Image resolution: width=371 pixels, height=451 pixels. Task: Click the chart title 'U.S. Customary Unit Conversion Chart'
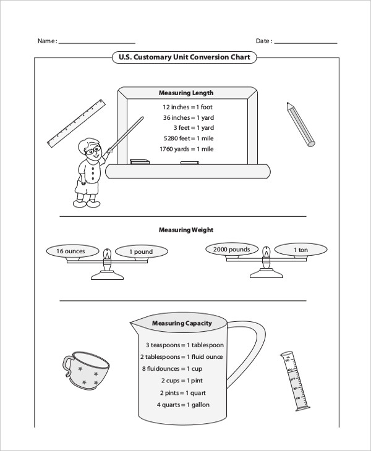point(184,57)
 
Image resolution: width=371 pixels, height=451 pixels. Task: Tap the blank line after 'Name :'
point(96,43)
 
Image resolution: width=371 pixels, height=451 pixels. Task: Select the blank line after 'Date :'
point(305,43)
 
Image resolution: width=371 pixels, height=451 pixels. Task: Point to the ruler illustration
point(78,122)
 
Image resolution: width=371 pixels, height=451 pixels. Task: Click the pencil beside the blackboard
point(301,124)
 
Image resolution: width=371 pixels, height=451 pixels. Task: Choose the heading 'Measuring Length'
point(186,93)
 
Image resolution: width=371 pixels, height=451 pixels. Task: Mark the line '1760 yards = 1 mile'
point(186,149)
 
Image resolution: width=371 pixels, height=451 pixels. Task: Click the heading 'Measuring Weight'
point(186,230)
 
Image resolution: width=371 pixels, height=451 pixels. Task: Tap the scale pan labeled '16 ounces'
point(70,251)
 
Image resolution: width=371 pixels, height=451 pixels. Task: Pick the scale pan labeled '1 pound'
point(141,252)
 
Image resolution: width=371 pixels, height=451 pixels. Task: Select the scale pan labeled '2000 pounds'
point(231,250)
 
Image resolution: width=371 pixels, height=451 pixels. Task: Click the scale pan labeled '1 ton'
point(301,250)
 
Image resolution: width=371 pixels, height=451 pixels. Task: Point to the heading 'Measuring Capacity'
point(182,323)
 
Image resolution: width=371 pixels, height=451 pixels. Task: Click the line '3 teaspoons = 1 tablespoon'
point(185,345)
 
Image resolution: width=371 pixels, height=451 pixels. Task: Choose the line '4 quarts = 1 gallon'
point(183,405)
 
